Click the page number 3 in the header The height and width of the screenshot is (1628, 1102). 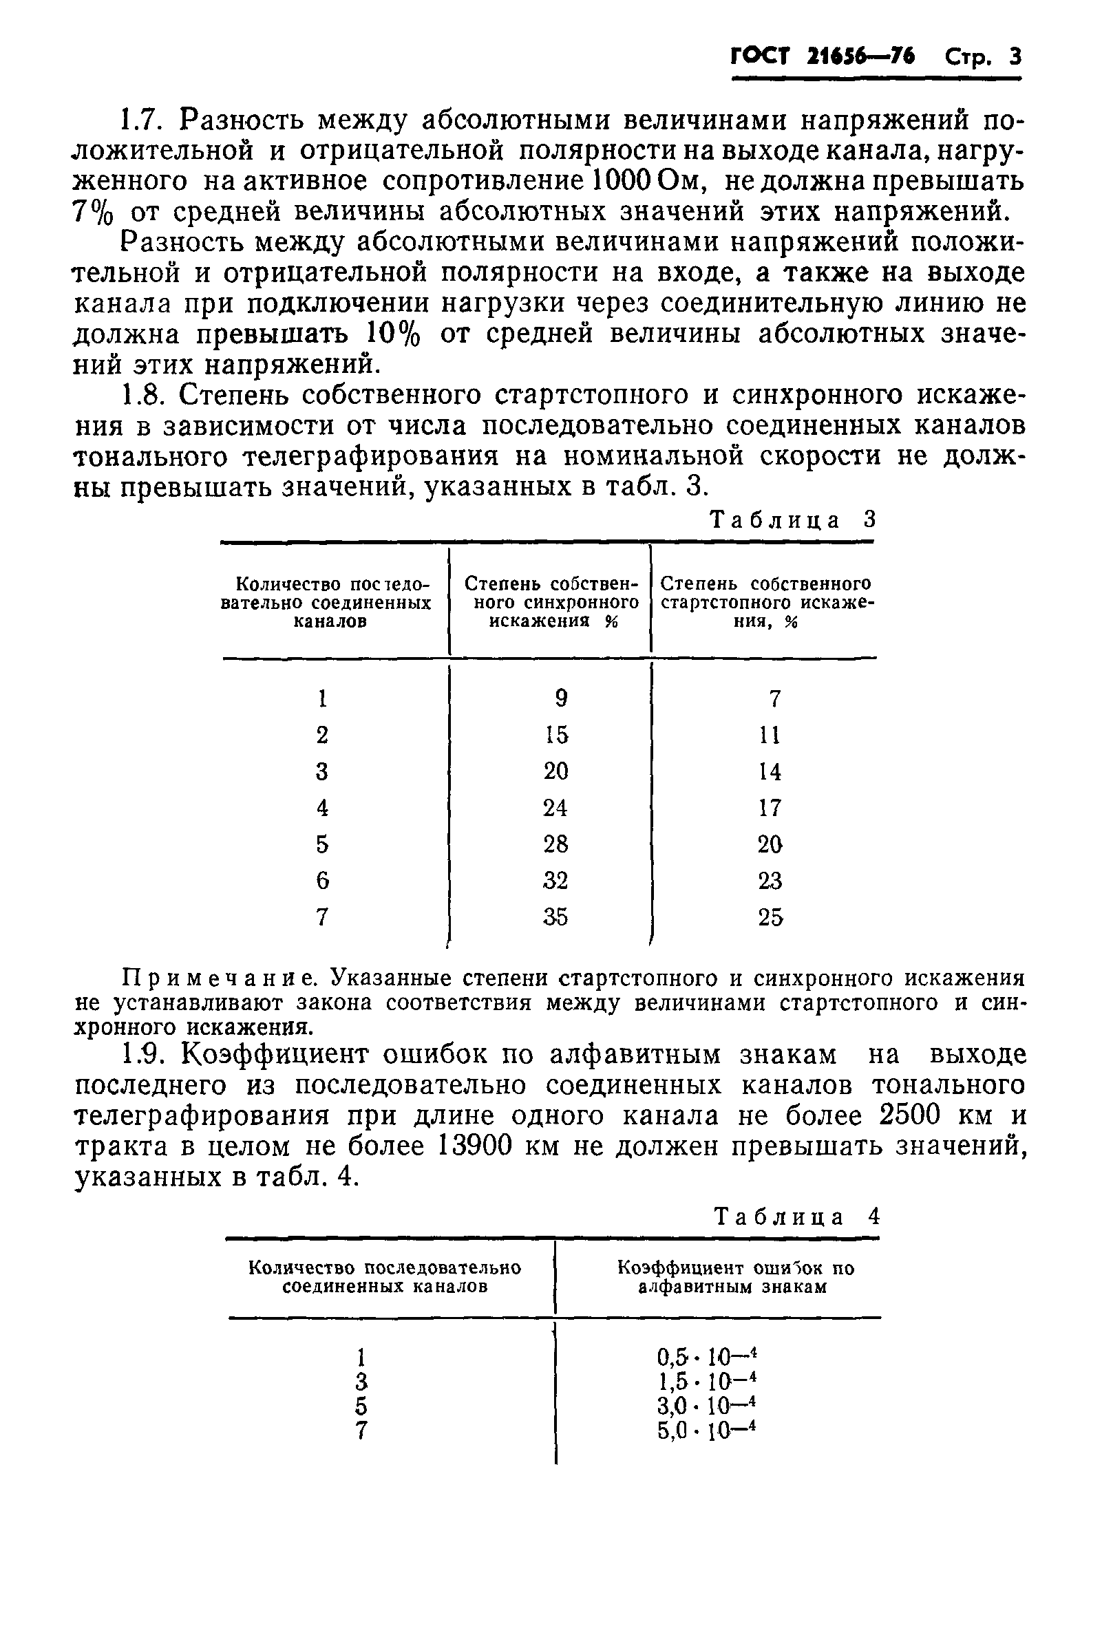[1015, 56]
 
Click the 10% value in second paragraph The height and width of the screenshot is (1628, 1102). [393, 334]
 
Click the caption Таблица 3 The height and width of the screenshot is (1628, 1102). [793, 520]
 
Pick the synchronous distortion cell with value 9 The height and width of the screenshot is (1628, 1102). [561, 698]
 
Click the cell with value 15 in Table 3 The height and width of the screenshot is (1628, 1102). [556, 735]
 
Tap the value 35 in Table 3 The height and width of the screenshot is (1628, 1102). [555, 917]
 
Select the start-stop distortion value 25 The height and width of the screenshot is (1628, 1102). [770, 917]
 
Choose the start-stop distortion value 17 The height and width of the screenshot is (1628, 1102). [770, 808]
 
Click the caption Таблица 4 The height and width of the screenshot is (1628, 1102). [796, 1217]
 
